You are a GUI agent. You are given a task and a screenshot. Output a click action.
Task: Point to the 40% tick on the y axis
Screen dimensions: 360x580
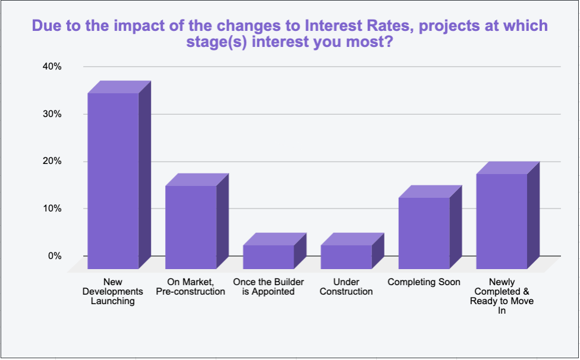coord(52,67)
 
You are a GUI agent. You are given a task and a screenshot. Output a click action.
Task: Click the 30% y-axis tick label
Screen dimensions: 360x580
coord(52,114)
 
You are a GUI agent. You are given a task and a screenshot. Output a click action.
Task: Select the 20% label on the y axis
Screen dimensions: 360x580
coord(52,161)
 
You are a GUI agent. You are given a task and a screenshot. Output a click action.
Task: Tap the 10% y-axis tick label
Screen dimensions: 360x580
coord(52,209)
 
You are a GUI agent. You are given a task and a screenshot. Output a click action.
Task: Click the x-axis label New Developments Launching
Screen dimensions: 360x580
coord(113,292)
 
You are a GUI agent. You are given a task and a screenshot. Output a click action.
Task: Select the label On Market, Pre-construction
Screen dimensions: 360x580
coord(191,287)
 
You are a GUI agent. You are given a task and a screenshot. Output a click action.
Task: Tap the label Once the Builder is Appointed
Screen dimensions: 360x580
coord(269,287)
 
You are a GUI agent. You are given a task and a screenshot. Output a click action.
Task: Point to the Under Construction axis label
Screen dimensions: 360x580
coord(346,287)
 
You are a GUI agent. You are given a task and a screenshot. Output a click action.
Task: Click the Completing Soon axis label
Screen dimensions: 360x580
coord(424,282)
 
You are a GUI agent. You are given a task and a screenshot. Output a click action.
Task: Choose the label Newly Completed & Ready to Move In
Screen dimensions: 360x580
coord(502,296)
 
